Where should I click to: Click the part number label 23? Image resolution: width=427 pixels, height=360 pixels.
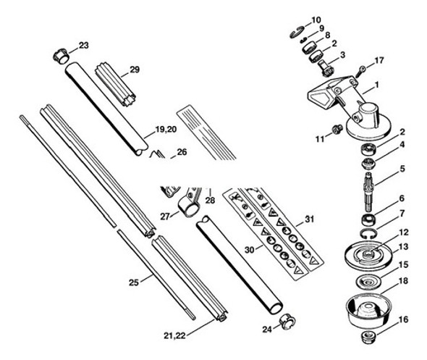(x=84, y=46)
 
